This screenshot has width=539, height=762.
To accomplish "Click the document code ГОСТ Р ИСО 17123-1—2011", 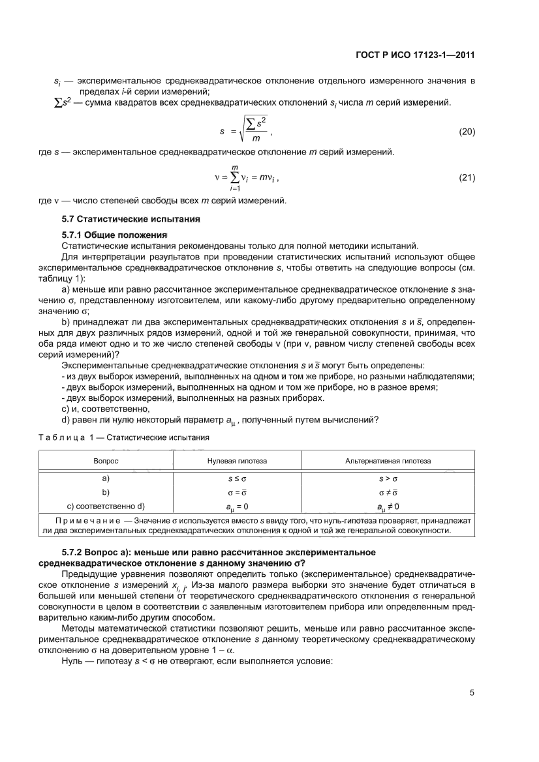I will pos(414,55).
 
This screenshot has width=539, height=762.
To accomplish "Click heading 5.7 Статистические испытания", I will pos(130,219).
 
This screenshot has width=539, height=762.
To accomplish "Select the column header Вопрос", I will pos(106,460).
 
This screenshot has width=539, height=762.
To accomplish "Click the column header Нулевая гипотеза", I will pos(236,460).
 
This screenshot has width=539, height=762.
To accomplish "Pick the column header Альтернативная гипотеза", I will pos(388,460).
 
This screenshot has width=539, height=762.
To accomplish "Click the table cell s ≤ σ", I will pos(236,478).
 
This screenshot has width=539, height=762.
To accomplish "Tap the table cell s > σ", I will pos(388,478).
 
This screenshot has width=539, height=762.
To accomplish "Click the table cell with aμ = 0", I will pos(236,506).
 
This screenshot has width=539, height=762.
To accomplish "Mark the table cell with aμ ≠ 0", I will pos(388,506).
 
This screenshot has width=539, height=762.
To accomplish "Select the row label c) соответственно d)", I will pos(106,506).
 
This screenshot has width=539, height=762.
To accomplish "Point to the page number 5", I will pos(471,693).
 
